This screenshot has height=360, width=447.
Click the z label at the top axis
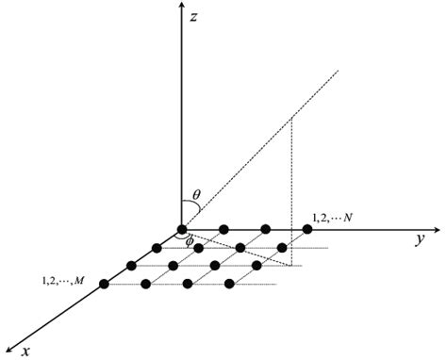pyautogui.click(x=194, y=18)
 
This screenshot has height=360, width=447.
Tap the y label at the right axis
pyautogui.click(x=416, y=239)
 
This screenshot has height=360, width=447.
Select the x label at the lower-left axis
pyautogui.click(x=26, y=350)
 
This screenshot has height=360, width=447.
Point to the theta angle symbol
pyautogui.click(x=195, y=196)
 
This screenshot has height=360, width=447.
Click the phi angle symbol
pyautogui.click(x=190, y=241)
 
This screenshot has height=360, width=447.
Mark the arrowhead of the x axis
pyautogui.click(x=8, y=354)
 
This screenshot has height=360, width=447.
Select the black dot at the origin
pyautogui.click(x=182, y=229)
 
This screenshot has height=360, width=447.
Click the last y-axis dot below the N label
pyautogui.click(x=306, y=229)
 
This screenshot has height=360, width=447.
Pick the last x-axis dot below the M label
pyautogui.click(x=104, y=284)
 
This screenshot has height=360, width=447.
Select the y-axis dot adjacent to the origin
pyautogui.click(x=223, y=229)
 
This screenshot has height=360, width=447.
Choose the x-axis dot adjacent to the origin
pyautogui.click(x=156, y=248)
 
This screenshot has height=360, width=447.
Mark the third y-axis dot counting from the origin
pyautogui.click(x=265, y=229)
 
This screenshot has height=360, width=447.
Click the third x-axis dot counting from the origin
pyautogui.click(x=130, y=266)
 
